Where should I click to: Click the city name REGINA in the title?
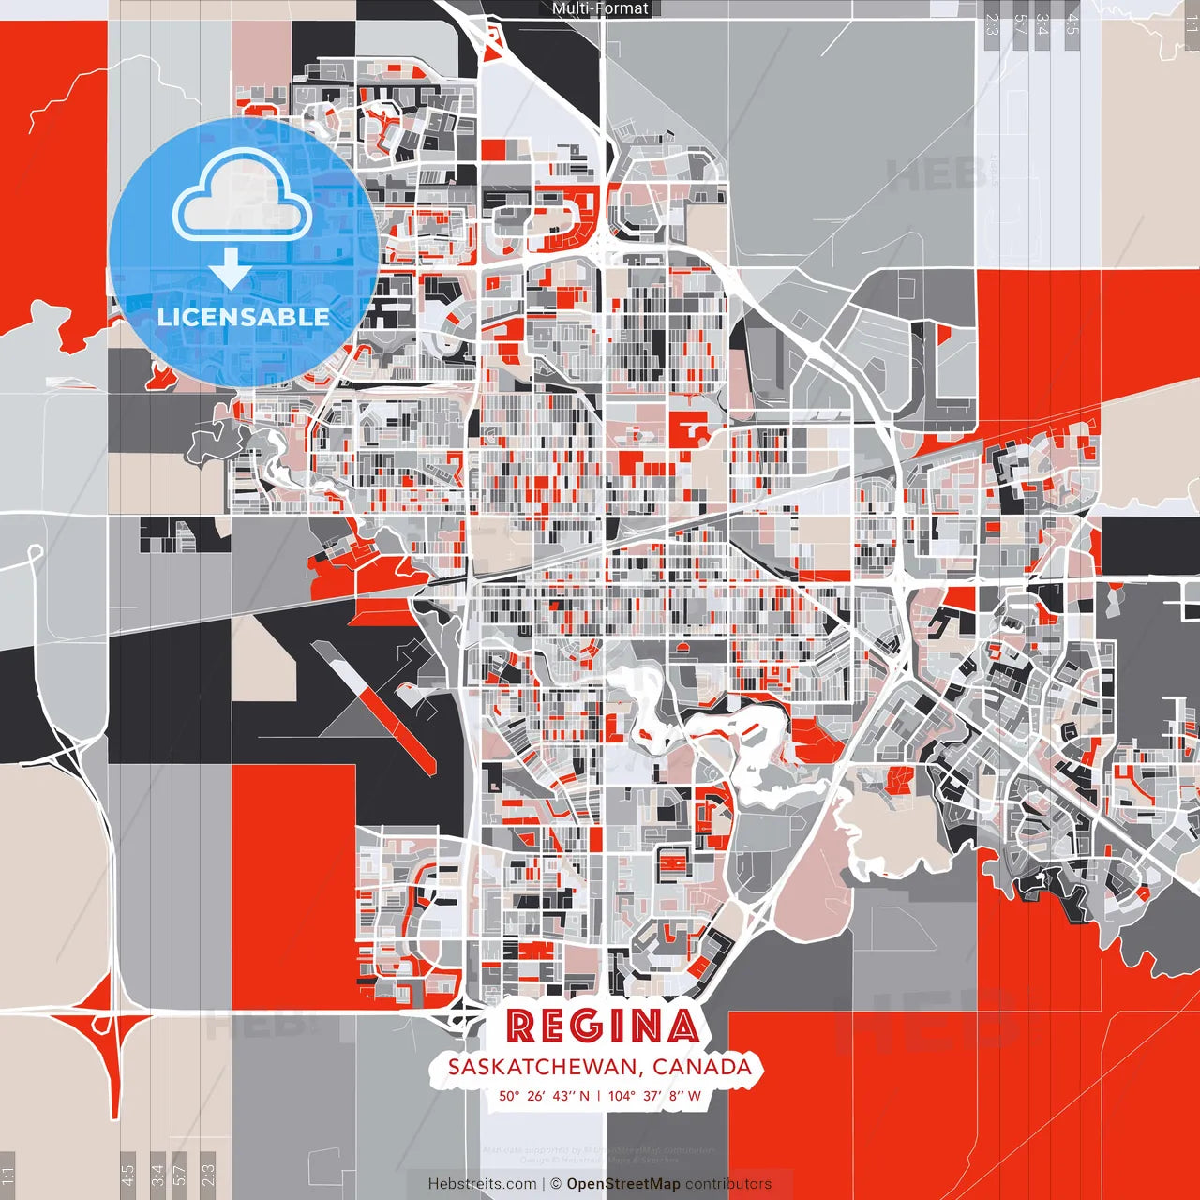(x=603, y=1027)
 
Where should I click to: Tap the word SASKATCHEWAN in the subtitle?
(x=545, y=1067)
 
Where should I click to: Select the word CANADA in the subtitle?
(x=702, y=1067)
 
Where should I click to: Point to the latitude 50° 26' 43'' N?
(x=544, y=1095)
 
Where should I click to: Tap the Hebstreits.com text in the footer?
(x=482, y=1184)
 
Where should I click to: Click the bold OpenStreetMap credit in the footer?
(x=623, y=1184)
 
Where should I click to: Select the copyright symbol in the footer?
(x=556, y=1184)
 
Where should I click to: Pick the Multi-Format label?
(x=600, y=8)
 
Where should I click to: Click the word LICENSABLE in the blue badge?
(x=244, y=317)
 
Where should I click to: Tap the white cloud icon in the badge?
(x=243, y=202)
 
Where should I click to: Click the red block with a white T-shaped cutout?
(x=692, y=430)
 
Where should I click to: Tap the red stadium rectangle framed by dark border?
(x=672, y=861)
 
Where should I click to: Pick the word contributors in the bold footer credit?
(x=728, y=1184)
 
